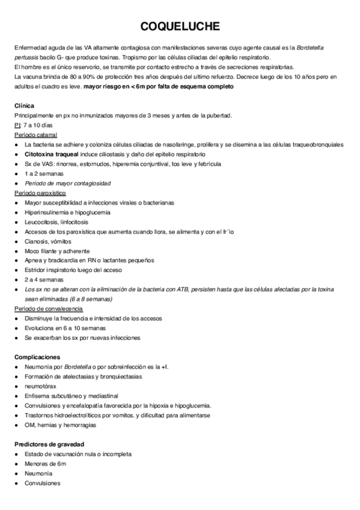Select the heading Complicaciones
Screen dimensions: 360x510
click(x=37, y=357)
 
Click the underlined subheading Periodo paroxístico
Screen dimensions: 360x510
click(x=40, y=193)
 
